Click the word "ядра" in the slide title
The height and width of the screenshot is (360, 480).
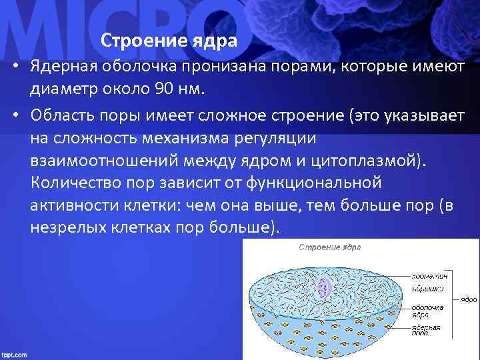coord(215,41)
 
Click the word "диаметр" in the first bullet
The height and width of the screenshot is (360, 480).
coord(61,89)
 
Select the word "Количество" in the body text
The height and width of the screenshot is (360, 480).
coord(71,183)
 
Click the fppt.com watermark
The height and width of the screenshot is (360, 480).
coord(15,354)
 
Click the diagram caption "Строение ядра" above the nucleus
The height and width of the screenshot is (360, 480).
coord(329,247)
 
